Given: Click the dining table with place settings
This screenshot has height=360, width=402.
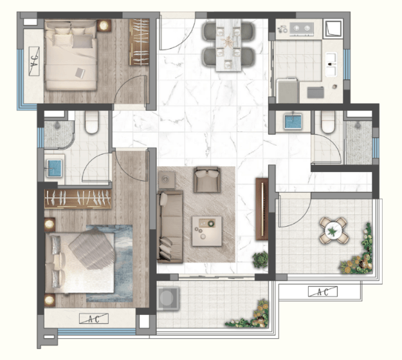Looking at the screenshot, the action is click(x=228, y=45).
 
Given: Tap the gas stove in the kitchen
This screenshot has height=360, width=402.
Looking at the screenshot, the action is click(x=302, y=28).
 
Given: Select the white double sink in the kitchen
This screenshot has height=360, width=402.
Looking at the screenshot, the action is click(x=331, y=64).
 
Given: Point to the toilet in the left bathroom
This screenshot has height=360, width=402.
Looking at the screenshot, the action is click(x=92, y=122).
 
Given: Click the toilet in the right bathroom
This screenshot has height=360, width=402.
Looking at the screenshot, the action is click(x=328, y=122).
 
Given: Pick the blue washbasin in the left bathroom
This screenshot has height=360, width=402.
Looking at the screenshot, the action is click(x=54, y=169).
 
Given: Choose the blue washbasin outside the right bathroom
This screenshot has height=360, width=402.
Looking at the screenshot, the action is click(x=293, y=122).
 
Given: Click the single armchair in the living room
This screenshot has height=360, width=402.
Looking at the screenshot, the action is click(x=207, y=180).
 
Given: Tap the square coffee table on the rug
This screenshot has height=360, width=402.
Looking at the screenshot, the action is click(x=207, y=231).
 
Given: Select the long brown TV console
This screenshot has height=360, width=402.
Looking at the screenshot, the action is click(x=262, y=209).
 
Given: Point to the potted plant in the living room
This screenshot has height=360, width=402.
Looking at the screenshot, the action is click(x=260, y=260).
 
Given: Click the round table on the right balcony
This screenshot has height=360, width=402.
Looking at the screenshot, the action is click(x=333, y=231).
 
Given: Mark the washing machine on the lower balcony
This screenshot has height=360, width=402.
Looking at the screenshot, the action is click(x=168, y=298).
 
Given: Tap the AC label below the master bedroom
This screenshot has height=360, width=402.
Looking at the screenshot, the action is click(x=94, y=319).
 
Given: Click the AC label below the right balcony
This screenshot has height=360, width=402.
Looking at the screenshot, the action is click(x=323, y=292).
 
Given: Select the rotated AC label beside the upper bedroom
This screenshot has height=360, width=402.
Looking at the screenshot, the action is click(x=34, y=61).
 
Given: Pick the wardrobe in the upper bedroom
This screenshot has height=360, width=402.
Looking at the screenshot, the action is click(x=139, y=42).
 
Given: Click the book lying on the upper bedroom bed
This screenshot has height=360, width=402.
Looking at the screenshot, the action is click(x=80, y=73).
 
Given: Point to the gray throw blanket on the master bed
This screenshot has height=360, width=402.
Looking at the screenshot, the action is click(x=92, y=249).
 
